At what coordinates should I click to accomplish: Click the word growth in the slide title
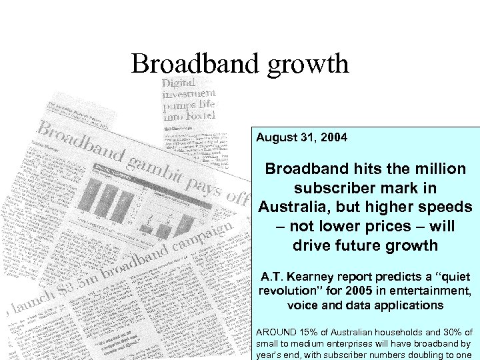(309, 64)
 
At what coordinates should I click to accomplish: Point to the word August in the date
(275, 138)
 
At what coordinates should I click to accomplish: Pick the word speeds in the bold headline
(443, 207)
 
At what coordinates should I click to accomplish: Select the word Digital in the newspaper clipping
(179, 84)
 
